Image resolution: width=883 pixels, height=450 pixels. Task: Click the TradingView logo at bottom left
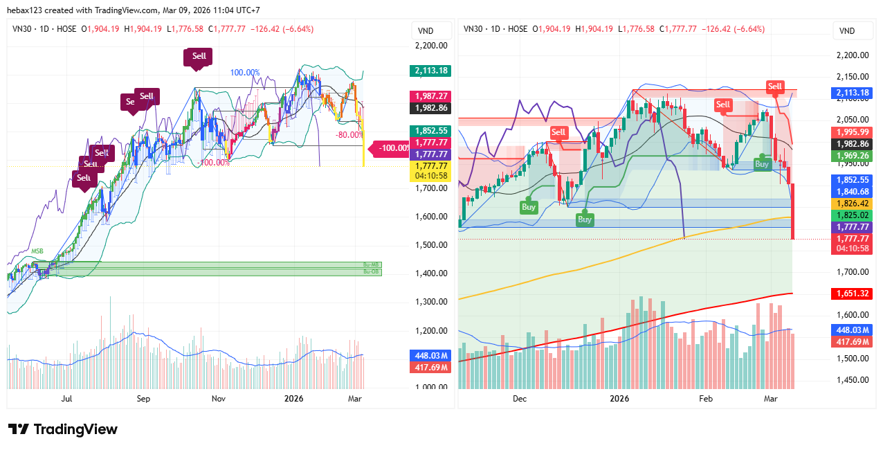[63, 429]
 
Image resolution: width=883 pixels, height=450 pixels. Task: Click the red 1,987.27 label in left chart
[430, 96]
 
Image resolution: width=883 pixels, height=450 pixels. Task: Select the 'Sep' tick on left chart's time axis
[143, 399]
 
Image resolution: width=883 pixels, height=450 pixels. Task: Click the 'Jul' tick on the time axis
[67, 399]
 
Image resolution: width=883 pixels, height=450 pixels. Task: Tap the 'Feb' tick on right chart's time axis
[706, 399]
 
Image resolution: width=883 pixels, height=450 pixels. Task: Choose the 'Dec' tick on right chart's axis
[520, 399]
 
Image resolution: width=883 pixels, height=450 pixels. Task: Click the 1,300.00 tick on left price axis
[430, 302]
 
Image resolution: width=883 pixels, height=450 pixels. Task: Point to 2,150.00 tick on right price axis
[852, 76]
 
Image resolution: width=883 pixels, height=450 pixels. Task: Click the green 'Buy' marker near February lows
[762, 164]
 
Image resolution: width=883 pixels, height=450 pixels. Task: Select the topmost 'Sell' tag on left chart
[199, 56]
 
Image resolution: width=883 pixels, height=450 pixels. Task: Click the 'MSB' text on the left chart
[37, 251]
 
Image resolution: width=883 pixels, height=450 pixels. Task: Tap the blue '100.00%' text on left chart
[245, 73]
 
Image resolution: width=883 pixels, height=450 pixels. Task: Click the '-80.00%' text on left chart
[349, 135]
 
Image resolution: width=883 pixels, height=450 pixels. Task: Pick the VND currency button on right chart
[847, 30]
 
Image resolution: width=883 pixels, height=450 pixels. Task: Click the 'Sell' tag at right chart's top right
[775, 87]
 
